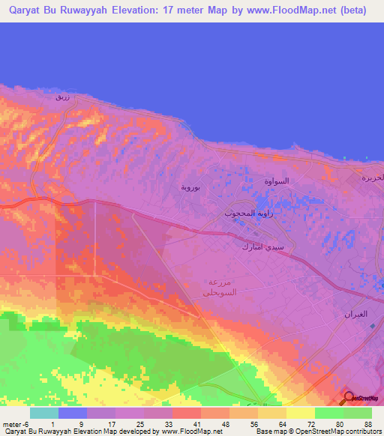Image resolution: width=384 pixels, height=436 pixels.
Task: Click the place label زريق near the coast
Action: (63, 97)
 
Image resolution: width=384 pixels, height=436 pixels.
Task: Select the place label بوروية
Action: (190, 187)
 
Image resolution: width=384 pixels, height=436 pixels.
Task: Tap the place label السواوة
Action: (277, 181)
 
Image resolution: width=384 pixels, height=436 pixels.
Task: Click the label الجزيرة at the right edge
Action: (373, 178)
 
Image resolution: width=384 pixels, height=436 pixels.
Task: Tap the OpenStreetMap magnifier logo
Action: (349, 398)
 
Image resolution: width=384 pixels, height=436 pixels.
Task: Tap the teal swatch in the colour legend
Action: (44, 413)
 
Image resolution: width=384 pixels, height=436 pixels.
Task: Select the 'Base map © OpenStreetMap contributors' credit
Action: (318, 432)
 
